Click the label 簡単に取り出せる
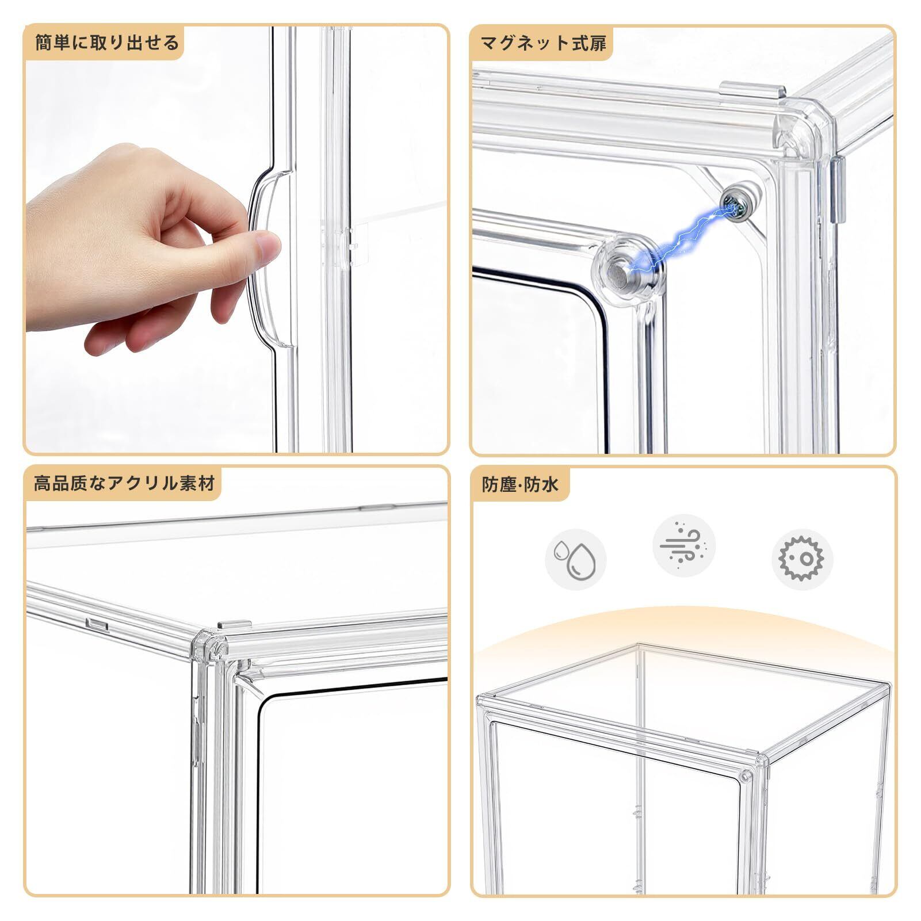(107, 43)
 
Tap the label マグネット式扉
(544, 43)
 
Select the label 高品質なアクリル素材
(124, 483)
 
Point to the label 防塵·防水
(520, 484)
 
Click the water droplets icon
(576, 559)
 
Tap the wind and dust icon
(684, 545)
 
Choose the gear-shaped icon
(801, 559)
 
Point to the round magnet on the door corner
(626, 267)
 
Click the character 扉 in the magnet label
(598, 43)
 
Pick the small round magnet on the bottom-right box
(746, 776)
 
